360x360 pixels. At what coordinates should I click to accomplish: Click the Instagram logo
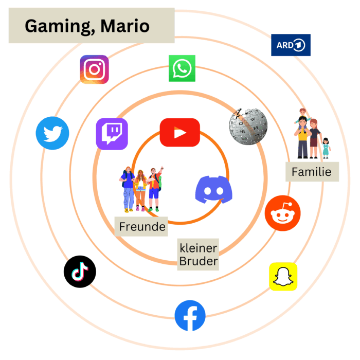(94, 69)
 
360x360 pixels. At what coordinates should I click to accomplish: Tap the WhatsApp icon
(182, 68)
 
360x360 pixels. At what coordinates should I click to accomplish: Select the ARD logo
(291, 45)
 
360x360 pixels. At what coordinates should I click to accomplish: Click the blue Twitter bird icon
(52, 133)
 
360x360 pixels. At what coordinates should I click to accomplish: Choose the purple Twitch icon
(112, 134)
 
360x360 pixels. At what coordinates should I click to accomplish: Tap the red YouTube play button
(179, 133)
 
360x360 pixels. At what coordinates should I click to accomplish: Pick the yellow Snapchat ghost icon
(283, 277)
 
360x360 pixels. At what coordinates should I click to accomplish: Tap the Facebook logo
(190, 315)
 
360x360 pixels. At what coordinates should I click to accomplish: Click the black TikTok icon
(80, 272)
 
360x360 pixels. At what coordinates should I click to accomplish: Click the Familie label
(312, 172)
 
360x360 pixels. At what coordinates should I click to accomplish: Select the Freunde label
(142, 226)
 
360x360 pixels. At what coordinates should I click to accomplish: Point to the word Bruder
(198, 261)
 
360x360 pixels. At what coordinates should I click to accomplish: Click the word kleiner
(198, 248)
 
